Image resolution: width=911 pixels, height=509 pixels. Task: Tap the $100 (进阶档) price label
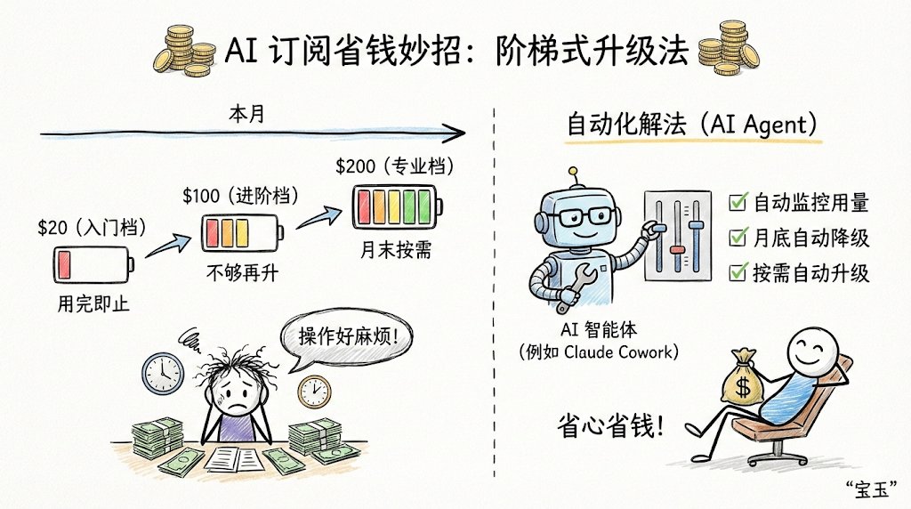click(x=238, y=195)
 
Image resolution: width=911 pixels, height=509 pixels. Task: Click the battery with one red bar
click(x=92, y=265)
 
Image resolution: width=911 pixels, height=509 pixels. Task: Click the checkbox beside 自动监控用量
click(x=736, y=203)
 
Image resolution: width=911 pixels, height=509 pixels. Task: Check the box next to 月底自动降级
click(x=736, y=238)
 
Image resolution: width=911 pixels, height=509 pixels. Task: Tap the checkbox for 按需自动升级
click(x=736, y=271)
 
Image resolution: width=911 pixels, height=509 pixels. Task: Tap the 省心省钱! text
click(x=613, y=424)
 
